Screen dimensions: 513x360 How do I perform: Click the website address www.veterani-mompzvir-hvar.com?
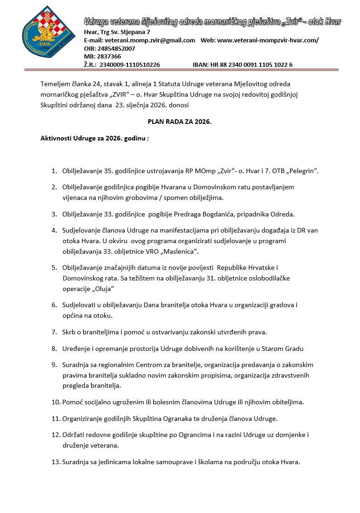point(267,40)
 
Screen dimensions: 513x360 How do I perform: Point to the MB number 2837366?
point(109,56)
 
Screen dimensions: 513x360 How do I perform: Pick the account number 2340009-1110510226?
point(130,65)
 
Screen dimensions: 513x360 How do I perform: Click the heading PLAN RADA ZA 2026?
point(180,122)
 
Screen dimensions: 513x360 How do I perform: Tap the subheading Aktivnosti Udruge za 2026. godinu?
point(95,138)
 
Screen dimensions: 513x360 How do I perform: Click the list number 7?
point(54,332)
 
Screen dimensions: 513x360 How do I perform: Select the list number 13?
point(56,462)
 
